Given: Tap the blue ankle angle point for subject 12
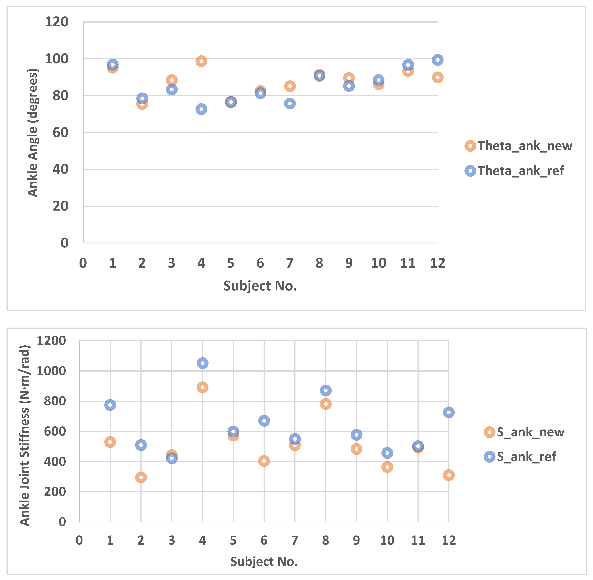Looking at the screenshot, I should pyautogui.click(x=438, y=60).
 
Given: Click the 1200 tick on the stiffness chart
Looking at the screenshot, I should pyautogui.click(x=51, y=341).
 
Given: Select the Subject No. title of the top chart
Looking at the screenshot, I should pyautogui.click(x=260, y=286).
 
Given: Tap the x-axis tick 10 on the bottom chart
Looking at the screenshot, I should pyautogui.click(x=387, y=540).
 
